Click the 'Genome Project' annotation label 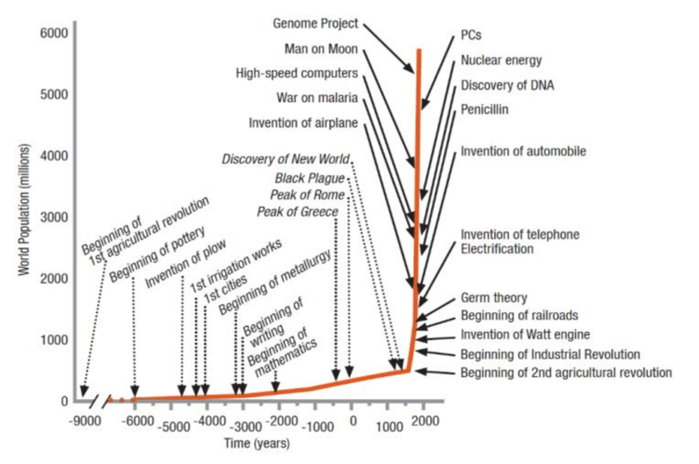tap(316, 23)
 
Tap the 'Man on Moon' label tap(321, 48)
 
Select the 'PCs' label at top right tap(470, 37)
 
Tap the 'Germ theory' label tap(493, 297)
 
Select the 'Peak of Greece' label tap(298, 212)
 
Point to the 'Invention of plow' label tap(186, 267)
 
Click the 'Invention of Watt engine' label tap(525, 334)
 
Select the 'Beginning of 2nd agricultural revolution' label tap(566, 373)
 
